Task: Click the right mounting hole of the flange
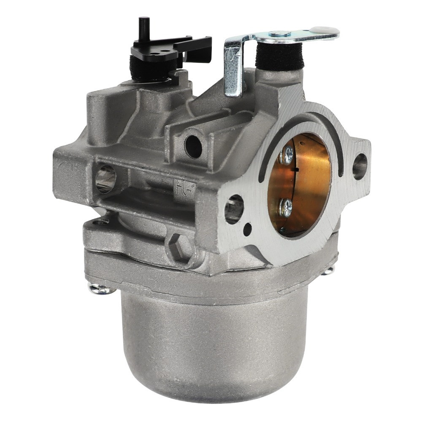(359, 166)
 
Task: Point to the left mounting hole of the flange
(234, 208)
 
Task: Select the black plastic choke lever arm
(177, 47)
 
